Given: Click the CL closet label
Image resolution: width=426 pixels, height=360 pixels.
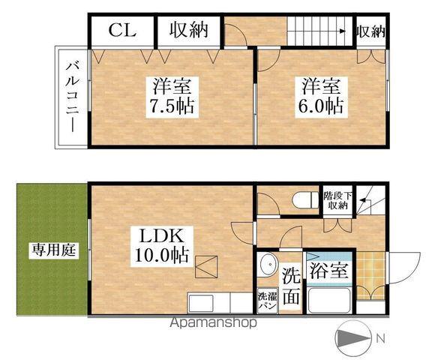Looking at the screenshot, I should tap(121, 31).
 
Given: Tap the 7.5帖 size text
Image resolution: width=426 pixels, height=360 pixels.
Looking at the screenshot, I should tap(172, 106).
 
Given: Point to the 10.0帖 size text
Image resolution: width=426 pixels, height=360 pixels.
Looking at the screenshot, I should tap(161, 254).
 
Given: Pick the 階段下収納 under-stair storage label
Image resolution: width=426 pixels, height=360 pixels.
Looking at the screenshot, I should tap(335, 200).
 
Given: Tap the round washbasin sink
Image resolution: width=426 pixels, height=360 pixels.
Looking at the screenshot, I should tap(268, 269).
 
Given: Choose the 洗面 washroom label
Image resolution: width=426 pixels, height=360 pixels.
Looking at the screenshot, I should tap(292, 286).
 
